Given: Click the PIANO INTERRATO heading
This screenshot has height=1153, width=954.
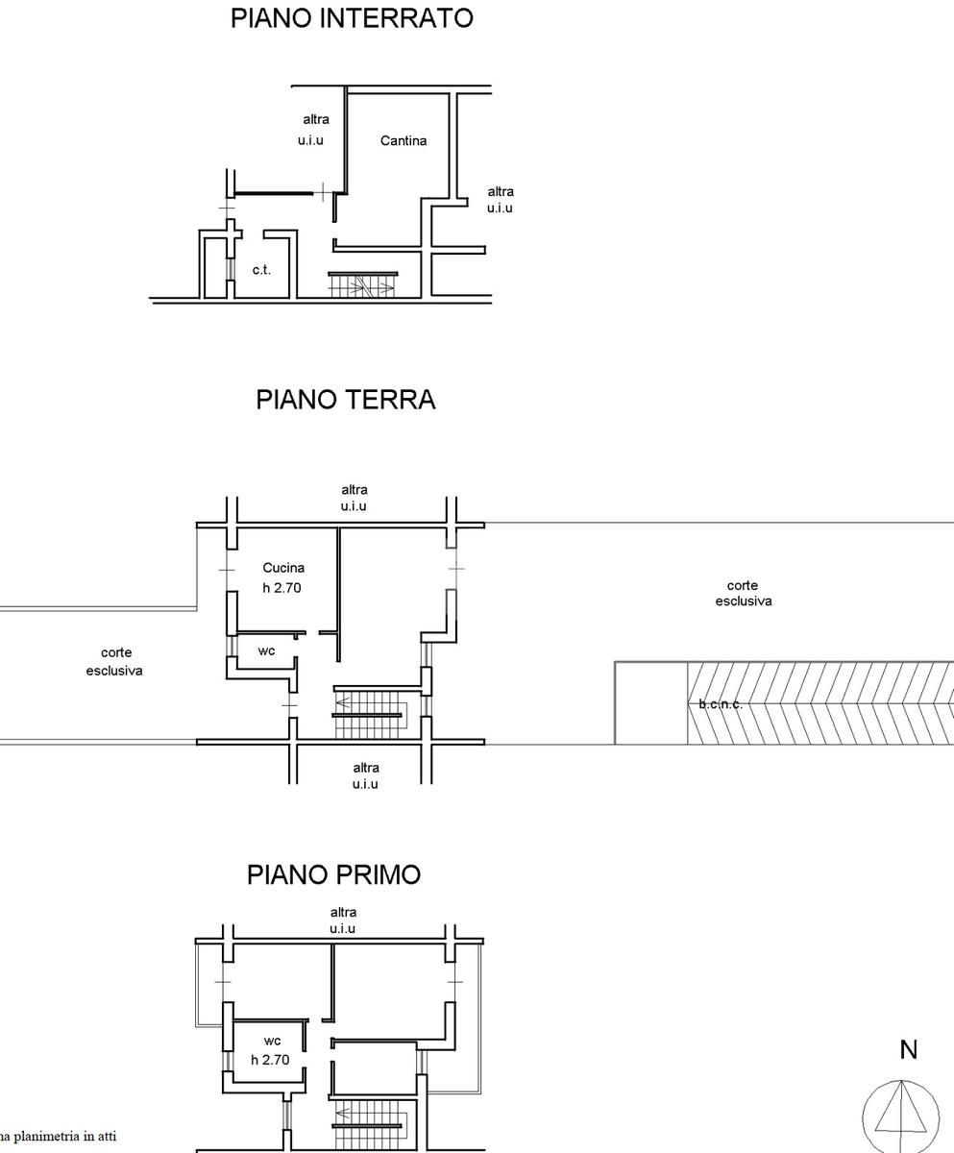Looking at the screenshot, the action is [352, 17].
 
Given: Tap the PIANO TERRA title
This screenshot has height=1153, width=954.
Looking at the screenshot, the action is [346, 400].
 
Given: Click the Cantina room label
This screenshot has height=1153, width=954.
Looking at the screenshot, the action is [403, 141].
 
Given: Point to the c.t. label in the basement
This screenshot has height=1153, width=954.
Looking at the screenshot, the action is [261, 269].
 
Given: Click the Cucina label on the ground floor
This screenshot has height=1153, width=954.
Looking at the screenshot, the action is [283, 568].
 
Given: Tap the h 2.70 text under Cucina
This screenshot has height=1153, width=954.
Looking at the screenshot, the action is [281, 587].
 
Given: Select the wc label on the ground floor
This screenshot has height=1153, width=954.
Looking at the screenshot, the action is [266, 651].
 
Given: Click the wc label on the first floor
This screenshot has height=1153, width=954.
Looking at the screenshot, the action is [272, 1041].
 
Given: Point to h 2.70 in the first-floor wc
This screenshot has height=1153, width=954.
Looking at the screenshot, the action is [270, 1060].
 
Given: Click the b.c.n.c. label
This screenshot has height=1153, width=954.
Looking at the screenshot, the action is [721, 704].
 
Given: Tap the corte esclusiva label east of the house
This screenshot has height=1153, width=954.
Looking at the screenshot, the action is [743, 593].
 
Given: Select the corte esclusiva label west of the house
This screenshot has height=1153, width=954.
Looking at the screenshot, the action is [114, 662].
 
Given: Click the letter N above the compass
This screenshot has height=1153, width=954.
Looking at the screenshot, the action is [908, 1050].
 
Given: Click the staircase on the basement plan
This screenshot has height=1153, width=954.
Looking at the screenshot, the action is [362, 285].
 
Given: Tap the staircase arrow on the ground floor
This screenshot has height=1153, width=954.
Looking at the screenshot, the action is [343, 703].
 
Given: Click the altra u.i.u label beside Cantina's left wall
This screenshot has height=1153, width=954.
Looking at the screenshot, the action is [313, 130].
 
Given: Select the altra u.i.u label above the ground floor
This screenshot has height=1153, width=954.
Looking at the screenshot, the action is [354, 498].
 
